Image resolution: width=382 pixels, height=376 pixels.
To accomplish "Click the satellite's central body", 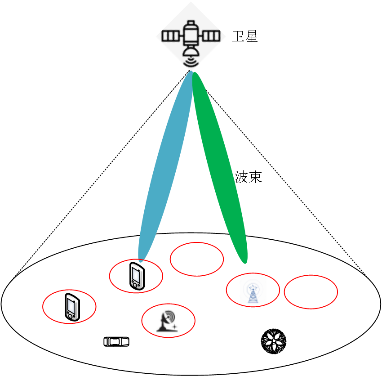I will pyautogui.click(x=191, y=36).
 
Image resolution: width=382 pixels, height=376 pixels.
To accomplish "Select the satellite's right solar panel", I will pyautogui.click(x=212, y=36).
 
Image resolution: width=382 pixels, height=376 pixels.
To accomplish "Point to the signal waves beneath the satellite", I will pyautogui.click(x=191, y=62).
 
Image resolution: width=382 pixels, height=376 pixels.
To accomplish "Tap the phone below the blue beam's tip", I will pyautogui.click(x=137, y=276).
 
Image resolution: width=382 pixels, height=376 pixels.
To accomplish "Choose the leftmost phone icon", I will pyautogui.click(x=71, y=307).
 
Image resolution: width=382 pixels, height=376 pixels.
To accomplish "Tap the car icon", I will pyautogui.click(x=116, y=342).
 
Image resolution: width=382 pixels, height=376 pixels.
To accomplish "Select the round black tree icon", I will pyautogui.click(x=274, y=341).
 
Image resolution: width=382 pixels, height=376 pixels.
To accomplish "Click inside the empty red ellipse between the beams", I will pyautogui.click(x=197, y=259).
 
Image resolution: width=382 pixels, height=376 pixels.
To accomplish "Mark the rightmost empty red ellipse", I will pyautogui.click(x=311, y=292).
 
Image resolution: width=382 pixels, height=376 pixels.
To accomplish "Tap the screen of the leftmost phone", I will pyautogui.click(x=71, y=305).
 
